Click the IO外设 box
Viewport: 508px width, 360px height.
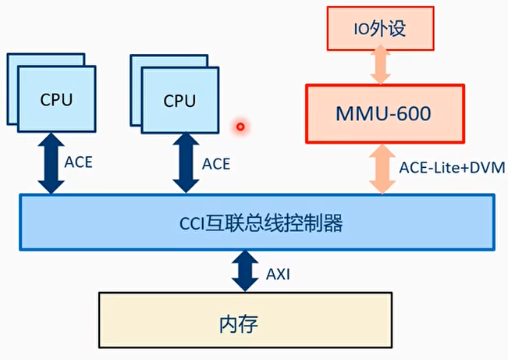pyautogui.click(x=380, y=30)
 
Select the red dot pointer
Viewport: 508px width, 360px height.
pyautogui.click(x=241, y=127)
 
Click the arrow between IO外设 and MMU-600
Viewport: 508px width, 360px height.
pyautogui.click(x=380, y=65)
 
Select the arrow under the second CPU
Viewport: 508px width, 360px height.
pyautogui.click(x=185, y=162)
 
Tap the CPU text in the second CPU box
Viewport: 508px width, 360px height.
pyautogui.click(x=179, y=101)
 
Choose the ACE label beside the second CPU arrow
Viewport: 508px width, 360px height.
pyautogui.click(x=216, y=164)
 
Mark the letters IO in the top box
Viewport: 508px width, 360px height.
pyautogui.click(x=359, y=30)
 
